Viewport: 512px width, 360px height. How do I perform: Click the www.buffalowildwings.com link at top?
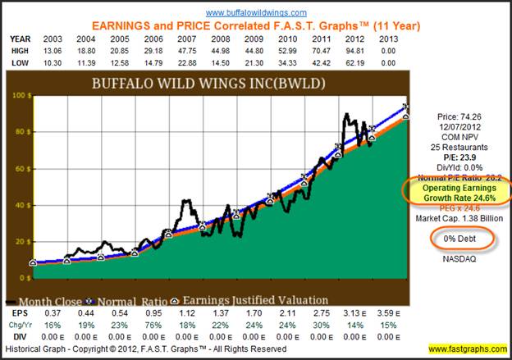255,13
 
